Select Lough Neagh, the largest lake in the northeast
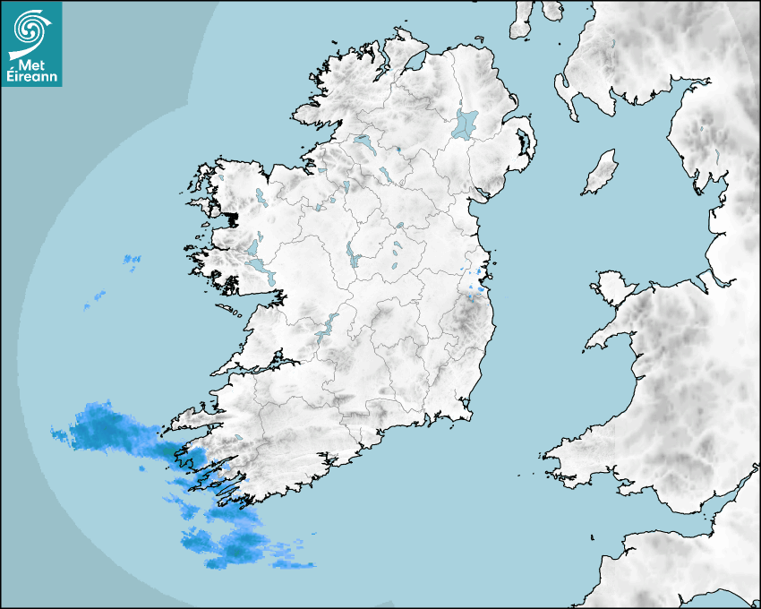(466, 123)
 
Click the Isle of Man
(601, 172)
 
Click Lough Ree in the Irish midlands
(350, 256)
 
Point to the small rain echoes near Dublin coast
(475, 281)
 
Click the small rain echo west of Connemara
(132, 261)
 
